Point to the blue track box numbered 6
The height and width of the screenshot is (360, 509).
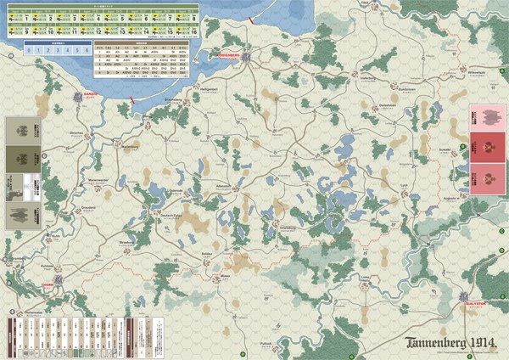point(87,50)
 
